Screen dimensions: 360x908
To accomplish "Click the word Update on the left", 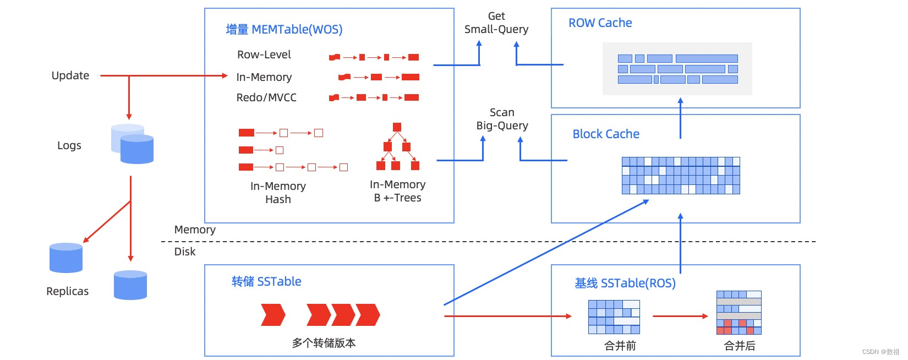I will click(x=70, y=75).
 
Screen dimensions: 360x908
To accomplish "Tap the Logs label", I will click(x=69, y=145).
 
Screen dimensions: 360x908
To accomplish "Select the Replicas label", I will click(x=67, y=291).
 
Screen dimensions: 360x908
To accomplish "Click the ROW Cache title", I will click(x=600, y=23).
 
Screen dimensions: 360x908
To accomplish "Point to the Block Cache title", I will click(x=606, y=134).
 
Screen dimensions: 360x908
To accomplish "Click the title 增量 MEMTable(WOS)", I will click(x=284, y=30).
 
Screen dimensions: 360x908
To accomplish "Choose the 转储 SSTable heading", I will click(x=266, y=282).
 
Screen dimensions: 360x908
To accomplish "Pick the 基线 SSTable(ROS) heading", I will click(x=625, y=283).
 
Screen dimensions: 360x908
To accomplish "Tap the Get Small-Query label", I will click(x=496, y=23).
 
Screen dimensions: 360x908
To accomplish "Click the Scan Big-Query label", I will click(x=502, y=119).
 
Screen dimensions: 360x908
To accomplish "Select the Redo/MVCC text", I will click(x=266, y=97).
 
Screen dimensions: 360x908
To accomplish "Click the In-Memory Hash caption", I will click(x=278, y=193).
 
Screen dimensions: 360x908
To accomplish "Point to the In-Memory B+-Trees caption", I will click(x=397, y=191).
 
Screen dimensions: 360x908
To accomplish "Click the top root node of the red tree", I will click(x=397, y=127).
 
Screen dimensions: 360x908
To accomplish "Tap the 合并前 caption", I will click(x=620, y=346).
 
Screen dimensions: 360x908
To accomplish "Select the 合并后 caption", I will click(x=740, y=346).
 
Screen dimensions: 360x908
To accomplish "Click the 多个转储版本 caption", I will click(x=324, y=343).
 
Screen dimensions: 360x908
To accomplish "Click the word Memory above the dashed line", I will click(x=195, y=230).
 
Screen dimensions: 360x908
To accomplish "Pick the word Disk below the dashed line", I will click(x=185, y=252).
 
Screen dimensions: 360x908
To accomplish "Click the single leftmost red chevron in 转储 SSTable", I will click(x=273, y=315).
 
